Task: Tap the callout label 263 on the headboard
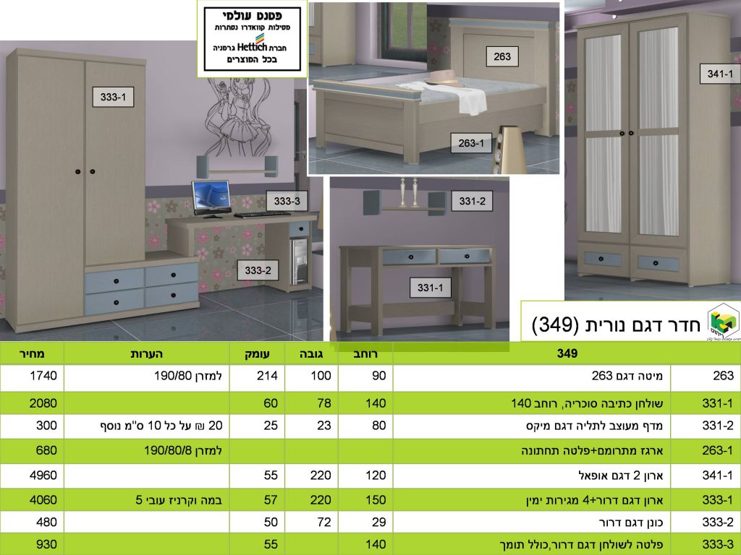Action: [502, 56]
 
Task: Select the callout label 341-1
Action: [720, 74]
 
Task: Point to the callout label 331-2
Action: [472, 201]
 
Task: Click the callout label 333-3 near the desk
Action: [287, 201]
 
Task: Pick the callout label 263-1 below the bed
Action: [471, 143]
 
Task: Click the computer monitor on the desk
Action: [211, 197]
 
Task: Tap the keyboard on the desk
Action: [262, 214]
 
